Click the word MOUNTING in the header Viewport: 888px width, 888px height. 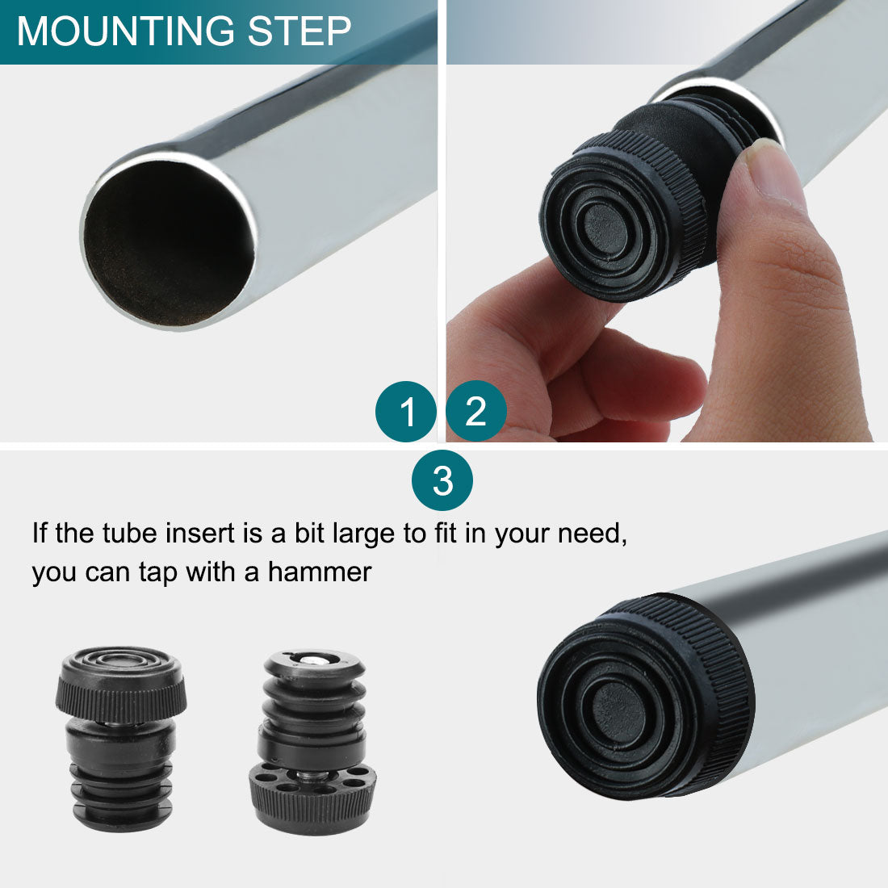point(125,31)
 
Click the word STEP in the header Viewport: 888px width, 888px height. point(299,31)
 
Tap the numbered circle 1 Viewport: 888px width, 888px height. point(405,412)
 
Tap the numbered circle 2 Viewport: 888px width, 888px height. point(476,411)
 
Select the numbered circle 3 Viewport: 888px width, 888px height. point(442,480)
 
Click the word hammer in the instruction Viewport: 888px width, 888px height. point(320,572)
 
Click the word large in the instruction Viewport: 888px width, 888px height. point(364,534)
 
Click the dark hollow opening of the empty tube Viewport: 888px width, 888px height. point(168,244)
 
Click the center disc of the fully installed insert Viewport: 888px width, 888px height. point(622,711)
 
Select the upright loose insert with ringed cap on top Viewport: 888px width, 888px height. point(121,739)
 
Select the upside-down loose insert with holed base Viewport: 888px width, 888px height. point(312,742)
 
